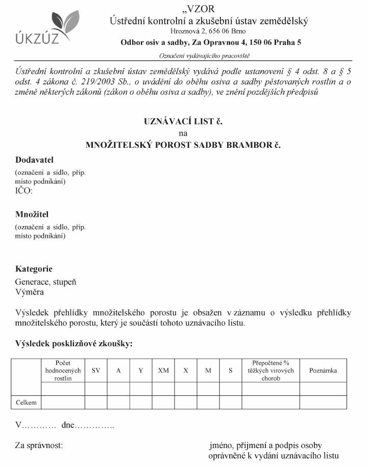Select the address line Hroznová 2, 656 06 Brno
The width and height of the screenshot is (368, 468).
[208, 32]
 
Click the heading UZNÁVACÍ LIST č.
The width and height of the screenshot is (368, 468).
[184, 122]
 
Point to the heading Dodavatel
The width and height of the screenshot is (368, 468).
[34, 160]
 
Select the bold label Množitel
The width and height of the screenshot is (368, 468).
[32, 214]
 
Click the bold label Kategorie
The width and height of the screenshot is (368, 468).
[34, 269]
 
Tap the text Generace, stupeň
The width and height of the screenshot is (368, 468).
[46, 282]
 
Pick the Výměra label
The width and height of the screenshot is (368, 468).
[29, 292]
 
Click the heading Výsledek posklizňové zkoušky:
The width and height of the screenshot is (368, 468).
[74, 344]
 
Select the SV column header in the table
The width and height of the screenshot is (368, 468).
[96, 371]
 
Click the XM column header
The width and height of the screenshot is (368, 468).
[163, 371]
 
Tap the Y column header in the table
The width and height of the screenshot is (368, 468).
[141, 371]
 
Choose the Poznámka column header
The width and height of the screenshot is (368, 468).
[323, 371]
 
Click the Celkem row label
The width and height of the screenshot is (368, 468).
[26, 403]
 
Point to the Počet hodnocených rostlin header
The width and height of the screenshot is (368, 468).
[63, 371]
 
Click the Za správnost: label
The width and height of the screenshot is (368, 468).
[39, 445]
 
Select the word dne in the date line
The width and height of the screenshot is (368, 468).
[68, 426]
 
